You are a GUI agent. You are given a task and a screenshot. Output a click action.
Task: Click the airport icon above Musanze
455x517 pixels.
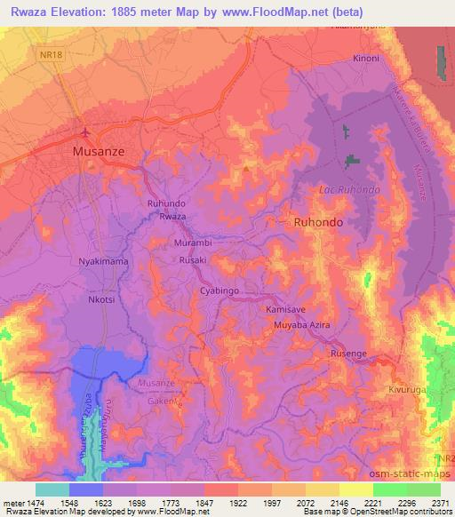pyautogui.click(x=85, y=133)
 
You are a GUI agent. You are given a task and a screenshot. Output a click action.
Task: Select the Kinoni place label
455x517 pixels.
pyautogui.click(x=366, y=59)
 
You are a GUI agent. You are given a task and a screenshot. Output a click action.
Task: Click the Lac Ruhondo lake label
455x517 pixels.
pyautogui.click(x=349, y=190)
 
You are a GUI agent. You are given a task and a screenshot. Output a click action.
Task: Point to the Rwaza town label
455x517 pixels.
pyautogui.click(x=172, y=217)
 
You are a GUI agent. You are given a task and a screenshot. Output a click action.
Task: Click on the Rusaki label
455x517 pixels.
pyautogui.click(x=193, y=259)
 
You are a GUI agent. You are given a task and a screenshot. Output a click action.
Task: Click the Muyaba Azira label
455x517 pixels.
pyautogui.click(x=302, y=326)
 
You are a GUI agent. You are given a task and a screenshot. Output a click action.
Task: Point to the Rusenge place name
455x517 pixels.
pyautogui.click(x=348, y=354)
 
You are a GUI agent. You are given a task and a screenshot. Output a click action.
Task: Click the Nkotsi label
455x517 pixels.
pyautogui.click(x=102, y=299)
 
